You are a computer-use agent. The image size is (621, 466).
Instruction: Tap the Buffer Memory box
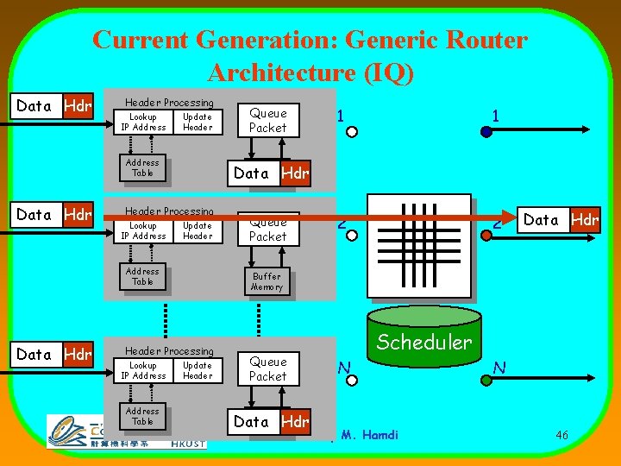[267, 281]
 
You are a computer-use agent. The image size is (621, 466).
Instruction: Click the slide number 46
[561, 436]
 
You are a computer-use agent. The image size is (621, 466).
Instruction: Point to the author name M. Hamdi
[368, 435]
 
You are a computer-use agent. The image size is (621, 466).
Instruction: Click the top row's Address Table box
[142, 167]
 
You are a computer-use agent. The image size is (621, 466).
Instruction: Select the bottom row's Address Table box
[142, 416]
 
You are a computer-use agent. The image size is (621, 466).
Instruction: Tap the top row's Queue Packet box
[267, 120]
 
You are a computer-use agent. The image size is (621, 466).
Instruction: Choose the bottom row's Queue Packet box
[267, 368]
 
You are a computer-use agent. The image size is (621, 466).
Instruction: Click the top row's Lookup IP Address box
[143, 122]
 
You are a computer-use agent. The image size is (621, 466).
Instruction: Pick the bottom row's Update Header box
[198, 370]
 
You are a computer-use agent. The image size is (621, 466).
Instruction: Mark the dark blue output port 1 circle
[486, 132]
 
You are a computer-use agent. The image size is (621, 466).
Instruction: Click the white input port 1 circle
[352, 132]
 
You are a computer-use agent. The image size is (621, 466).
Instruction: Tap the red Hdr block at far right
[585, 220]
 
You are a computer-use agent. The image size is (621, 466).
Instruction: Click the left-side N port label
[344, 368]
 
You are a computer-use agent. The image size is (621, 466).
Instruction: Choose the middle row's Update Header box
[198, 230]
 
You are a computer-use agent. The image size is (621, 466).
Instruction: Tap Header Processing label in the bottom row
[169, 351]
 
